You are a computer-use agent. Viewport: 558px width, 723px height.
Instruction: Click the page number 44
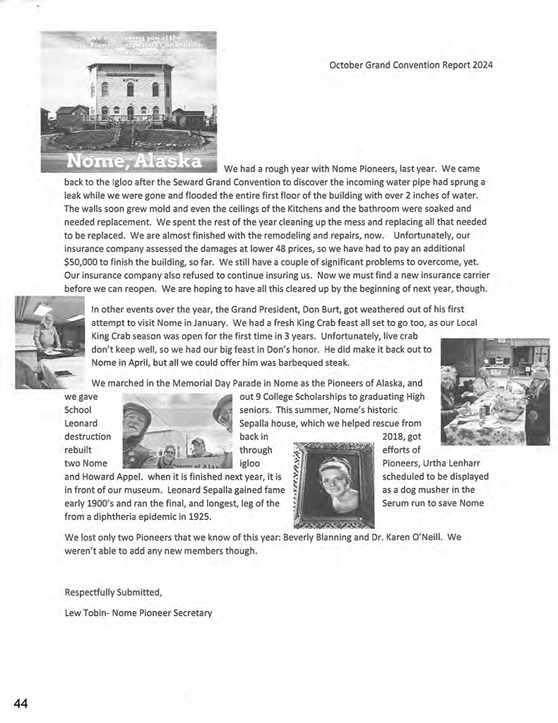(x=20, y=703)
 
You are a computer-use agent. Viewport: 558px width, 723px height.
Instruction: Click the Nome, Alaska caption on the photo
(x=129, y=162)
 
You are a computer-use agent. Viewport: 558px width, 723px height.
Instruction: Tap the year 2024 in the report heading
(x=481, y=65)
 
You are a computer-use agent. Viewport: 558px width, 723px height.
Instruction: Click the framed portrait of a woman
(x=334, y=484)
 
